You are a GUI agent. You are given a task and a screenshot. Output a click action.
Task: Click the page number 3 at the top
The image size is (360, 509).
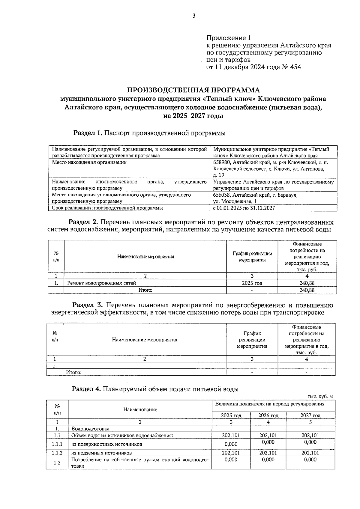point(194,16)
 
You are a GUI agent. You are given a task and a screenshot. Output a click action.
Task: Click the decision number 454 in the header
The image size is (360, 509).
point(296,67)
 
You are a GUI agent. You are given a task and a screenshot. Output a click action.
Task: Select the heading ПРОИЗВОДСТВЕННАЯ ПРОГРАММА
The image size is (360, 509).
point(193,90)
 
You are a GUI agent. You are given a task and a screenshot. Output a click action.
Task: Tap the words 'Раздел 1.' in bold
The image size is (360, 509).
point(88,133)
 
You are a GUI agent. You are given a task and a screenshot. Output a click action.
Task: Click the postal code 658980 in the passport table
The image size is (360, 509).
point(221,162)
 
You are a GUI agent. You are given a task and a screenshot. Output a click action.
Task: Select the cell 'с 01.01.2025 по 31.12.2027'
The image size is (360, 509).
point(244,208)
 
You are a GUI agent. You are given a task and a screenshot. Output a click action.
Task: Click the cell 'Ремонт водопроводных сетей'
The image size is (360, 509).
point(102,283)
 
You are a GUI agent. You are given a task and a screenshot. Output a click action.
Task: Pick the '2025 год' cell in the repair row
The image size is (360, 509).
point(252,283)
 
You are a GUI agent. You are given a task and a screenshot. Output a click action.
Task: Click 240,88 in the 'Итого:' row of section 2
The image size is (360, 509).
point(307,290)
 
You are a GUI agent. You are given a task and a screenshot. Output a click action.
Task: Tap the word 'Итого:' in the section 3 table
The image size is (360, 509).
point(74,372)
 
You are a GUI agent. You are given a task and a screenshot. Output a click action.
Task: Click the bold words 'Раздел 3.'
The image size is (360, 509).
point(88,305)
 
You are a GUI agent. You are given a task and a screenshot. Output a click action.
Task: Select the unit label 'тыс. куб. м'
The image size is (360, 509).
point(320,396)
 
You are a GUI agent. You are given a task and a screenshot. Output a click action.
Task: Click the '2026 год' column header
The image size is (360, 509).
point(268,415)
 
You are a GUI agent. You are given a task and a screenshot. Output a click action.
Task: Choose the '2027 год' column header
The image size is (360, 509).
point(310,415)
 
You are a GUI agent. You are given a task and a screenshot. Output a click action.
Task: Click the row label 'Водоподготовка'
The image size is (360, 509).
point(90,429)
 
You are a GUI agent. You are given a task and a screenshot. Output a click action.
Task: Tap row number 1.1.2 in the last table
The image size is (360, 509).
point(57,453)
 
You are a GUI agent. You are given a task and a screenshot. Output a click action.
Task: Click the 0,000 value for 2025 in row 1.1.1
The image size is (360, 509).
point(231,444)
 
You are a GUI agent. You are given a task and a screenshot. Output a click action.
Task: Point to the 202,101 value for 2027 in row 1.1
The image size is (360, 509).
point(310,435)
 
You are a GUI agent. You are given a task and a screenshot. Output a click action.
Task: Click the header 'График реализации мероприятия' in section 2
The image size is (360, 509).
point(252,257)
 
